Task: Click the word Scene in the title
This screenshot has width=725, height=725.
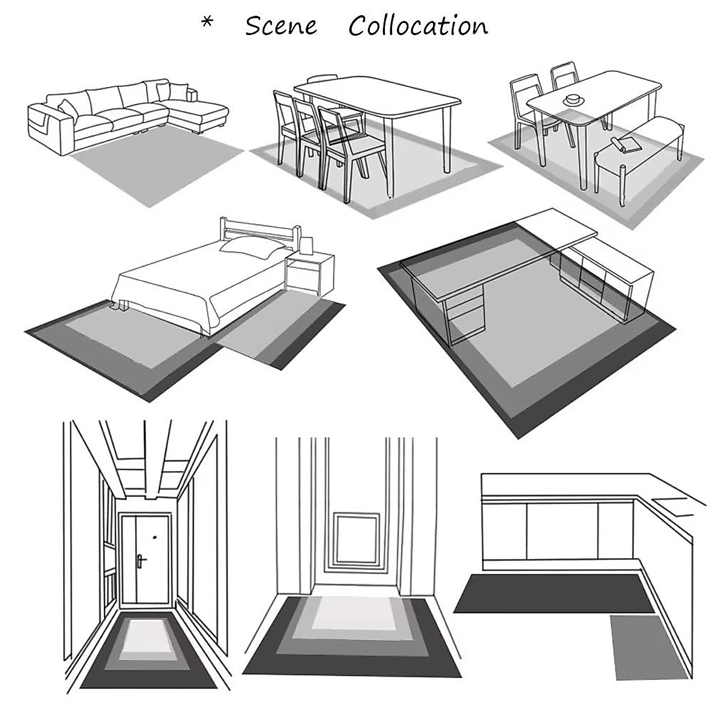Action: [x=281, y=26]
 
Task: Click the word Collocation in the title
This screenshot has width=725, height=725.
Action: [x=418, y=26]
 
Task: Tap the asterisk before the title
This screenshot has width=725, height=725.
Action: [x=207, y=24]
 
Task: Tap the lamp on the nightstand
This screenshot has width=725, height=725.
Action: [x=306, y=245]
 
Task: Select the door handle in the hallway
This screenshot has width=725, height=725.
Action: [x=141, y=561]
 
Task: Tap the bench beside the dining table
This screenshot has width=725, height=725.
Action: [x=640, y=145]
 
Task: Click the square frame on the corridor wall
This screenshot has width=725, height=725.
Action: [x=356, y=538]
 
